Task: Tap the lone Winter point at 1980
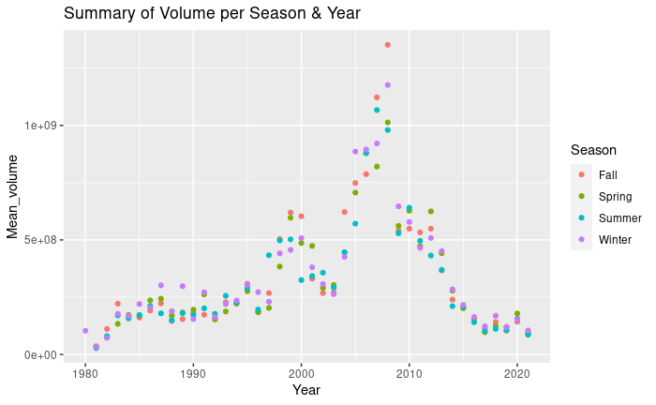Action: coord(85,331)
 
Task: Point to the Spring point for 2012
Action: coord(431,212)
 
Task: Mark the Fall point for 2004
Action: coord(344,212)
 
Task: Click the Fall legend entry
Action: coord(607,174)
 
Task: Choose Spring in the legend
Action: coord(614,197)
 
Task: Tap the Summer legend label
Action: coord(619,218)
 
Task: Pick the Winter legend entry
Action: coord(614,241)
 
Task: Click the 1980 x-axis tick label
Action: coord(85,372)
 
